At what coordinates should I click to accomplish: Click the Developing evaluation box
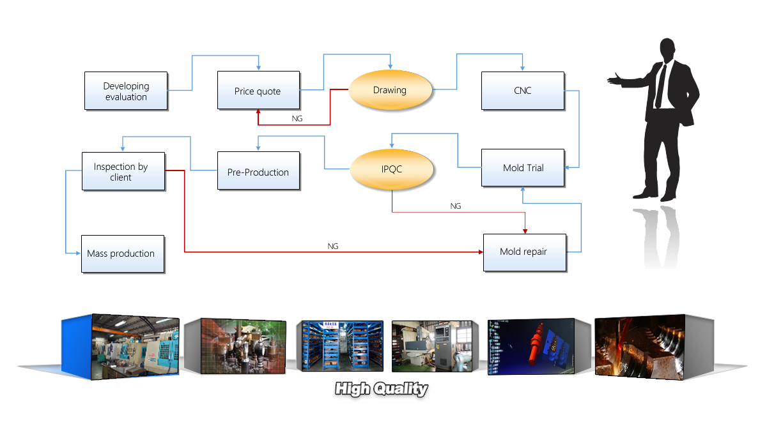[x=126, y=91]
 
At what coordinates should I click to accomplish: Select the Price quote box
[x=258, y=91]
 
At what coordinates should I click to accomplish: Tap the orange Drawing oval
[x=390, y=90]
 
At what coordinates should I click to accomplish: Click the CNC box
[x=522, y=91]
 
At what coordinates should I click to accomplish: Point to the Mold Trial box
[x=523, y=168]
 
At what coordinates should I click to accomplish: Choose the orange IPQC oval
[x=391, y=170]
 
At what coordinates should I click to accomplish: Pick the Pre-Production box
[x=258, y=170]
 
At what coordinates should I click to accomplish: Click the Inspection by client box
[x=123, y=171]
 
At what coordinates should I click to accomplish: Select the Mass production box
[x=122, y=254]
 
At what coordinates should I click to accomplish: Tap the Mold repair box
[x=524, y=252]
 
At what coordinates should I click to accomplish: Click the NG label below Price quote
[x=297, y=119]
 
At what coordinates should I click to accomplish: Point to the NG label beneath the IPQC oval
[x=455, y=206]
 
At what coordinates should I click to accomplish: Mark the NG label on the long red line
[x=332, y=246]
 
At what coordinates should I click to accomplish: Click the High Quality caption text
[x=382, y=389]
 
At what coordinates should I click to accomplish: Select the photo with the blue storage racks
[x=341, y=346]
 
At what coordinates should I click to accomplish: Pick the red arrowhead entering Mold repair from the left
[x=481, y=252]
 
